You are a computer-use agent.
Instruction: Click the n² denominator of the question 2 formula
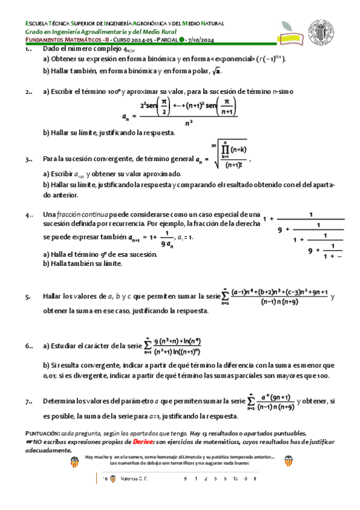coord(189,123)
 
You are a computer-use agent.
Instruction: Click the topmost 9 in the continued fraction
coord(280,229)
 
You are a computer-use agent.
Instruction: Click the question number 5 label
coord(28,296)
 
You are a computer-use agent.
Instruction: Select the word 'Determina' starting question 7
coord(59,401)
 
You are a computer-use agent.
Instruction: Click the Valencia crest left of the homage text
coord(75,462)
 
